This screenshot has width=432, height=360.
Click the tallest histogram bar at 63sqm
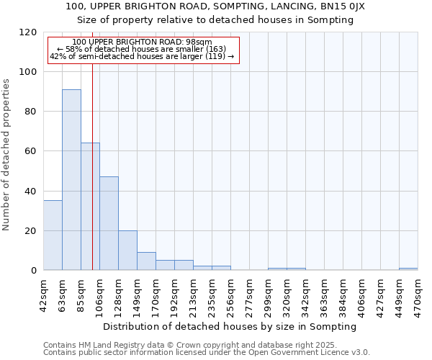point(71,180)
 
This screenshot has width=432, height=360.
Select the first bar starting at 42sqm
point(53,235)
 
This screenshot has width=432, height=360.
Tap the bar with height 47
point(109,223)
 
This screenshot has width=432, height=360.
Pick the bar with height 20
point(127,251)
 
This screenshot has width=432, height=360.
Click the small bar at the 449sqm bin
point(408,269)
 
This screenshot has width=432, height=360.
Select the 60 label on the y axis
point(30,151)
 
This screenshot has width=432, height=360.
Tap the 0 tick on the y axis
point(33,271)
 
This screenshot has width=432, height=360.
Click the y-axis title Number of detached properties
point(7,155)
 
